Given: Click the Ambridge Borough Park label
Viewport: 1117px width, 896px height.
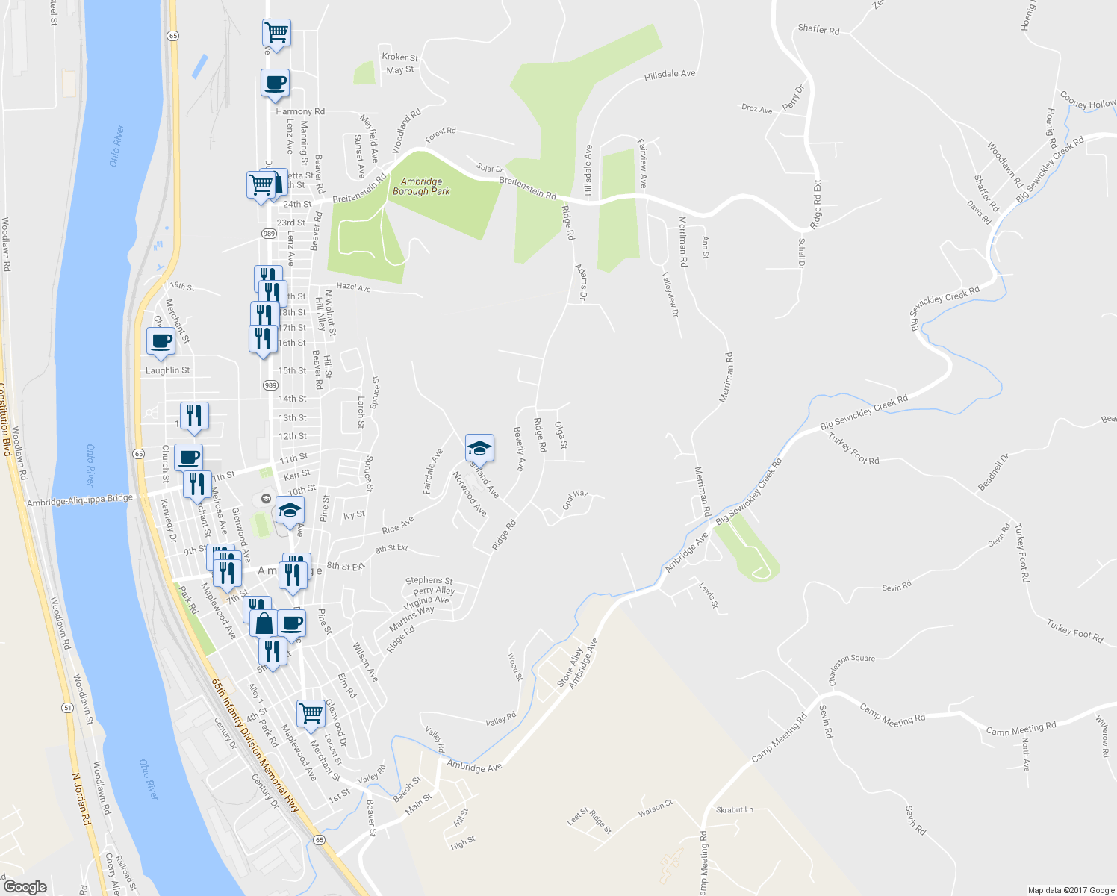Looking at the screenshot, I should coord(421,187).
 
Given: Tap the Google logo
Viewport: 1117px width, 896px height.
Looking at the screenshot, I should coord(25,886).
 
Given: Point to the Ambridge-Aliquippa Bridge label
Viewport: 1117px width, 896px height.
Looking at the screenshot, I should coord(80,501).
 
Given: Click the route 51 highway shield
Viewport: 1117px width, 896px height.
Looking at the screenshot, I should coord(66,707).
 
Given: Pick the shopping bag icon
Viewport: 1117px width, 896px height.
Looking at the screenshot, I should coord(264,623).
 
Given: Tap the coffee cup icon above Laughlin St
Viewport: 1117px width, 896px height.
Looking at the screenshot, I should coord(161,342).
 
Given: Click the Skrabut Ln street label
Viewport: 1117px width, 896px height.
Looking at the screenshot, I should coord(735,809).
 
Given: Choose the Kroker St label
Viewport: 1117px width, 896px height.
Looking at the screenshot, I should coord(399,57).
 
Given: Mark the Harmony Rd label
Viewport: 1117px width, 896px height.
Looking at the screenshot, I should coord(300,111).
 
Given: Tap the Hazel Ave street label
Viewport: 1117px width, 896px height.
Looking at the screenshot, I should coord(353,287).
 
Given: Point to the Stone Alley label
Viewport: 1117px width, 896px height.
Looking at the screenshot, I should coord(570,667).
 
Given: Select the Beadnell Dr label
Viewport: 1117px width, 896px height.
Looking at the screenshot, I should coord(993,472).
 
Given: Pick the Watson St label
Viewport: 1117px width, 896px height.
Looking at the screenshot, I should coord(656,808).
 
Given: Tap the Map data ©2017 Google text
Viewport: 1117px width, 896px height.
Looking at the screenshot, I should coord(1071,890).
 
